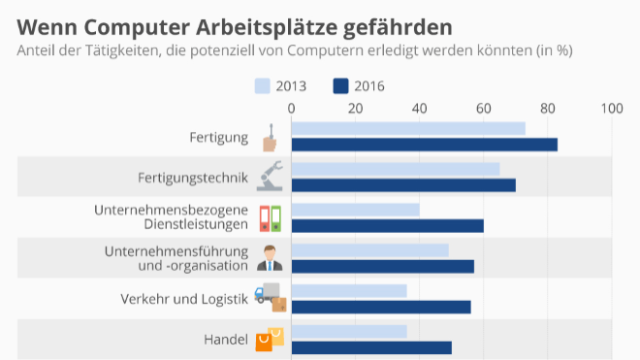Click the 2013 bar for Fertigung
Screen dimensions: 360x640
pyautogui.click(x=407, y=128)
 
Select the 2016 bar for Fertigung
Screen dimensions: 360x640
pyautogui.click(x=424, y=145)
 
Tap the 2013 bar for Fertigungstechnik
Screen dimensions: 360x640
pyautogui.click(x=395, y=169)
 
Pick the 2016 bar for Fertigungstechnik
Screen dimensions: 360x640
pyautogui.click(x=402, y=185)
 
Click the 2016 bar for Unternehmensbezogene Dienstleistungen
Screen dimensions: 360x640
pyautogui.click(x=387, y=226)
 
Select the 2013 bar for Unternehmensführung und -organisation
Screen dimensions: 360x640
pyautogui.click(x=369, y=250)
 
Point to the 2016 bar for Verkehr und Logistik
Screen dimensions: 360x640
pyautogui.click(x=380, y=307)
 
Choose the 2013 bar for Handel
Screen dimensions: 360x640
pyautogui.click(x=348, y=332)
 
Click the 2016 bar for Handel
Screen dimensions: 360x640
pyautogui.click(x=370, y=347)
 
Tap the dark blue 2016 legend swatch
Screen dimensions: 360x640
pyautogui.click(x=340, y=85)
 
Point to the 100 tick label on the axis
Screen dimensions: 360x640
pyautogui.click(x=612, y=109)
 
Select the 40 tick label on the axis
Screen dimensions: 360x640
pyautogui.click(x=419, y=109)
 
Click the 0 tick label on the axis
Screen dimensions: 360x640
pyautogui.click(x=291, y=109)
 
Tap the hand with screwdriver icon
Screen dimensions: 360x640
pyautogui.click(x=271, y=138)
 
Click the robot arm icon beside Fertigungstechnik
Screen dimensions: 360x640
pyautogui.click(x=271, y=178)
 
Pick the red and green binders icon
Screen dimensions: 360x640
pyautogui.click(x=271, y=218)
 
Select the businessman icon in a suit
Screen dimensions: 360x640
pyautogui.click(x=271, y=259)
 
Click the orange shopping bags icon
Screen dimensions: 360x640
pyautogui.click(x=271, y=339)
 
